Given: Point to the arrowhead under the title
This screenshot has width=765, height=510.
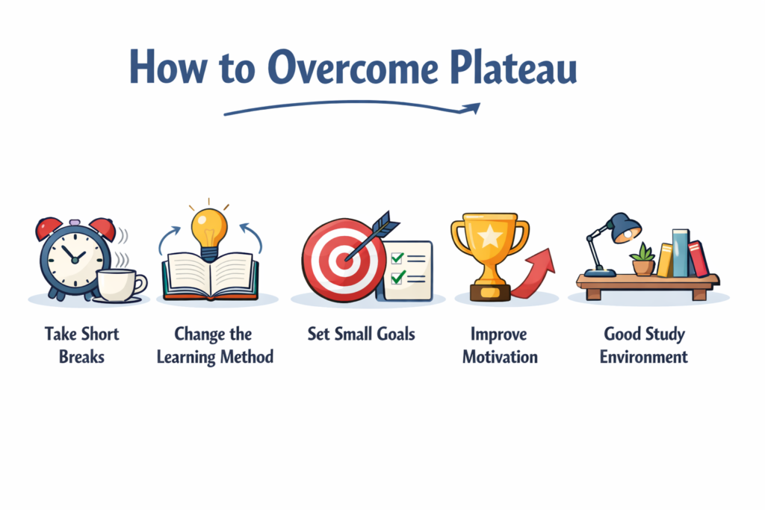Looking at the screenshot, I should pyautogui.click(x=471, y=109).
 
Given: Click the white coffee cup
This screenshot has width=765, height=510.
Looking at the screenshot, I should pyautogui.click(x=120, y=284).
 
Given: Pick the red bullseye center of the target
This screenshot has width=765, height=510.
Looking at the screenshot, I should pyautogui.click(x=343, y=260).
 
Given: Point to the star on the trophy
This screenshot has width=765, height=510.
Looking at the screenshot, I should pyautogui.click(x=489, y=237).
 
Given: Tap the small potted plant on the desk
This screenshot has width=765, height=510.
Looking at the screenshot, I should pyautogui.click(x=642, y=261).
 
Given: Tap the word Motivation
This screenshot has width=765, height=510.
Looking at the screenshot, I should pyautogui.click(x=500, y=356).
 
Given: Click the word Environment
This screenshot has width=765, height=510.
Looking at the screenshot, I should pyautogui.click(x=643, y=356).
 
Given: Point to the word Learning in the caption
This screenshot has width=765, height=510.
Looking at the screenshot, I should pyautogui.click(x=186, y=356).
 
